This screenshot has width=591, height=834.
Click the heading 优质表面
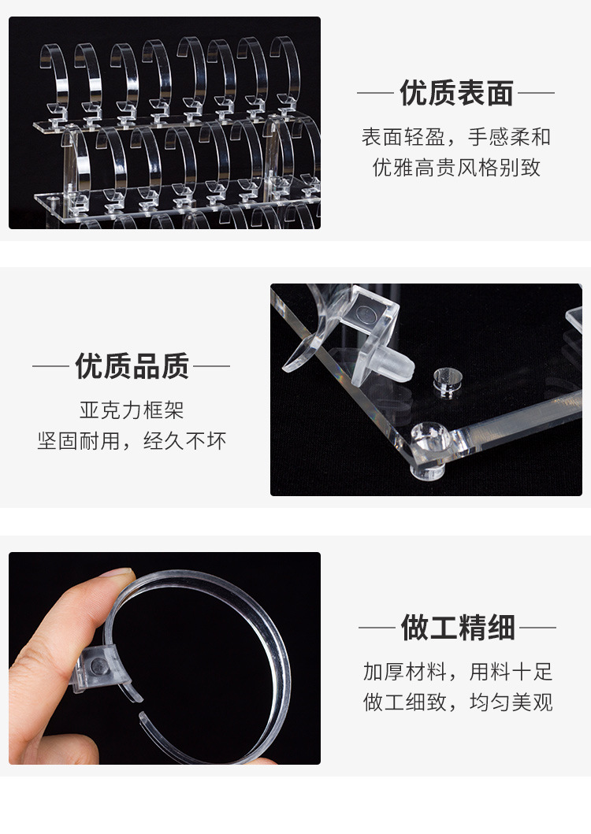(x=456, y=93)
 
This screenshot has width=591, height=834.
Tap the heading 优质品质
(x=132, y=366)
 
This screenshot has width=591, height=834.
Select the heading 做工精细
(x=457, y=628)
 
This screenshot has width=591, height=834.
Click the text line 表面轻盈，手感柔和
(x=456, y=137)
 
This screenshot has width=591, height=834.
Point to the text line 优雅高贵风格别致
(x=456, y=168)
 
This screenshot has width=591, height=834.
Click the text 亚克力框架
(x=132, y=410)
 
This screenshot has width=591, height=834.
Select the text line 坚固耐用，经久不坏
(x=132, y=441)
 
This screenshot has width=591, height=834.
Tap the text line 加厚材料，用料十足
(x=458, y=672)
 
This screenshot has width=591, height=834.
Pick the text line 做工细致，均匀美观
(x=458, y=702)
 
